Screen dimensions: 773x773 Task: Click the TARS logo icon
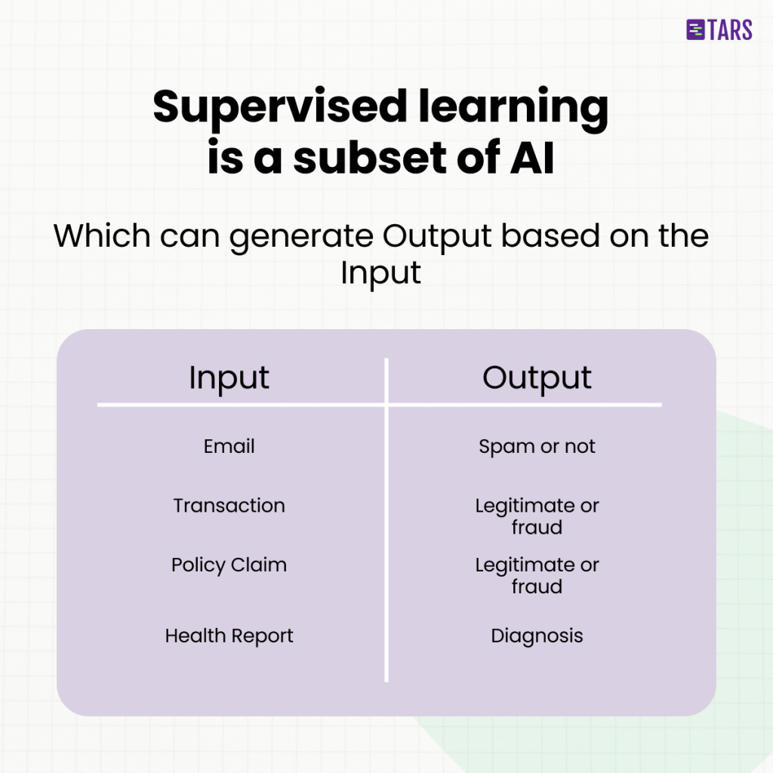click(x=695, y=29)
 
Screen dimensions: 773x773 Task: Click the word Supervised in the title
click(x=280, y=108)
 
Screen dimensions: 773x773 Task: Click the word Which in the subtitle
click(x=102, y=236)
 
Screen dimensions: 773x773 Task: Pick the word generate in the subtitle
click(x=301, y=239)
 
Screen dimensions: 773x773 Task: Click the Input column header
click(x=229, y=379)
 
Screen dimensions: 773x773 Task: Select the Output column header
click(x=537, y=379)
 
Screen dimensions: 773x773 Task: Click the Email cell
click(x=229, y=446)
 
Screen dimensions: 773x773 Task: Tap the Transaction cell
click(x=229, y=505)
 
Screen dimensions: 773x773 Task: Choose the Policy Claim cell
click(x=229, y=565)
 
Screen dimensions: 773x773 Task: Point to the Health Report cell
click(x=229, y=636)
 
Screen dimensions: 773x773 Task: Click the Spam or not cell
click(x=537, y=447)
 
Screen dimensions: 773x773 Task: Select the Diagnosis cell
click(x=537, y=636)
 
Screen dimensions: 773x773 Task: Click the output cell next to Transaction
click(x=537, y=516)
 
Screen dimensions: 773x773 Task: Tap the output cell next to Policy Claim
click(x=537, y=576)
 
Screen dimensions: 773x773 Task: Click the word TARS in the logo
click(x=730, y=30)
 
